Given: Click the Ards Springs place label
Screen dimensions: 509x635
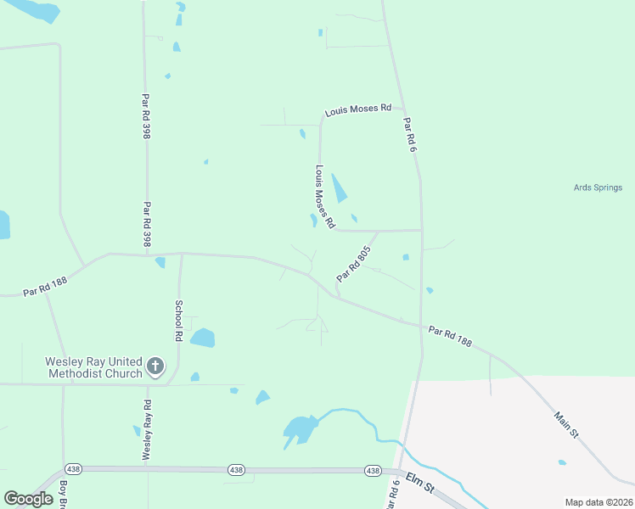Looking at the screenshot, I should [598, 187].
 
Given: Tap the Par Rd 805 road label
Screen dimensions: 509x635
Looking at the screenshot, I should [354, 264].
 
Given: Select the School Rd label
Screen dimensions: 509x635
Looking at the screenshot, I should [179, 321].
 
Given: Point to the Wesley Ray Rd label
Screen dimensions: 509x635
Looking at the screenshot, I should [147, 430].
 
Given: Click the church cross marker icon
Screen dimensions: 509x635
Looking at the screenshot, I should [155, 366].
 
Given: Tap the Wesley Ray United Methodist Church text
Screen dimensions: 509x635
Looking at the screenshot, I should [93, 367].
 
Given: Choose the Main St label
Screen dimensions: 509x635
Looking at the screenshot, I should [566, 424].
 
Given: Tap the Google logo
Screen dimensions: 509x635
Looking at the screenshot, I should [28, 499].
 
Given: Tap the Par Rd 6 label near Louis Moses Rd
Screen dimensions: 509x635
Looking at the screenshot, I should [411, 135].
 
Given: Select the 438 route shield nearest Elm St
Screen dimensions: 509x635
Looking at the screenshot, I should [372, 470].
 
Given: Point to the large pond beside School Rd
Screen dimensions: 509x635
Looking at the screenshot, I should [202, 338].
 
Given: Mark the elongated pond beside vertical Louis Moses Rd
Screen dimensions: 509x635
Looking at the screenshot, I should [339, 187].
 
